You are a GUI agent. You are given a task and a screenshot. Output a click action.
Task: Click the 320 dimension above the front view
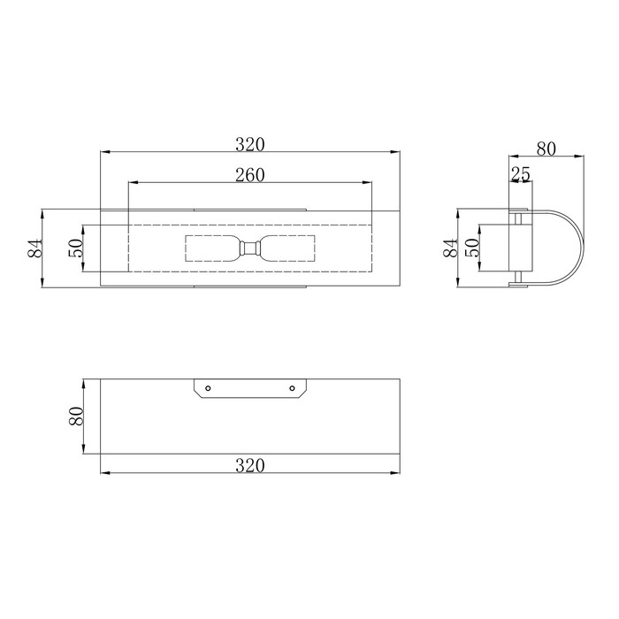(x=250, y=144)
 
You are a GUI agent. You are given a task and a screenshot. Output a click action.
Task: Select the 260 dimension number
(x=250, y=175)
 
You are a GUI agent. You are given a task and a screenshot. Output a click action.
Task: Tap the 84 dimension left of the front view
(x=34, y=248)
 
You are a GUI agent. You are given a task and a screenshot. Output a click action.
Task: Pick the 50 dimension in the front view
(x=76, y=248)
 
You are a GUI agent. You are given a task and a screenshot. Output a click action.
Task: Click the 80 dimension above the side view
(x=546, y=149)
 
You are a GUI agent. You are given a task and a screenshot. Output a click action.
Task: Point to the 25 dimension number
(x=521, y=174)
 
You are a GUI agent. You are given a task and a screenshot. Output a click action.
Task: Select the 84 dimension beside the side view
(x=450, y=248)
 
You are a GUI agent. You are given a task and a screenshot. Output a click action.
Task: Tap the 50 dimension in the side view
(x=472, y=248)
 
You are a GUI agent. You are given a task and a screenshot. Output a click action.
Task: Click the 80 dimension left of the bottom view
(x=76, y=416)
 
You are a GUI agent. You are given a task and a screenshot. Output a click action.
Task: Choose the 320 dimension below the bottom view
(x=250, y=466)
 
